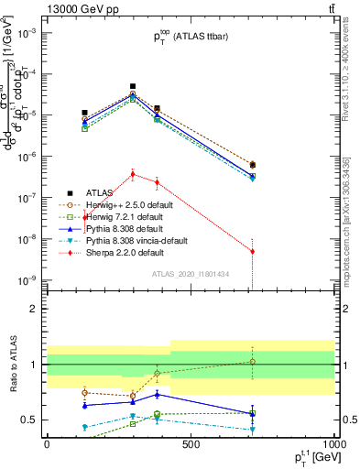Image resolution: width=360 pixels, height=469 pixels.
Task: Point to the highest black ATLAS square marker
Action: tap(133, 86)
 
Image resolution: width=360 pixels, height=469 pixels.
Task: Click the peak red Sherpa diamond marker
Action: tap(133, 173)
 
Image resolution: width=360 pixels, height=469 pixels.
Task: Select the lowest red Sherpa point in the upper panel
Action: tap(252, 251)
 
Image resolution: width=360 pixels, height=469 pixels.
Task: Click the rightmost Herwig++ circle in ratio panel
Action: tap(252, 362)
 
